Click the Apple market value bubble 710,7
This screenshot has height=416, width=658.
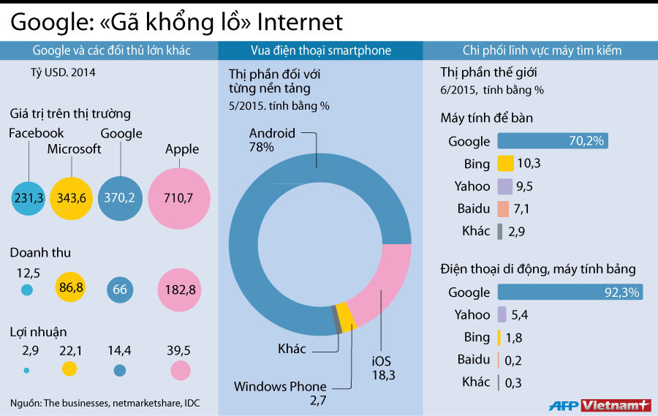179,198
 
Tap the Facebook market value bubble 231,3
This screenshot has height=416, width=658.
29,198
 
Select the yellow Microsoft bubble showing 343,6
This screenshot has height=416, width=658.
71,198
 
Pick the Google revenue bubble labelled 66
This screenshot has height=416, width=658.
120,290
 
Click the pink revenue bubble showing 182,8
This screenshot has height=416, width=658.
179,290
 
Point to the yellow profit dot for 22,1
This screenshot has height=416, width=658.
70,369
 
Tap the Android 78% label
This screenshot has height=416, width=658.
272,140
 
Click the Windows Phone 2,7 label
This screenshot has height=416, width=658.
280,393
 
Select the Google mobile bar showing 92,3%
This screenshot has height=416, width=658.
570,292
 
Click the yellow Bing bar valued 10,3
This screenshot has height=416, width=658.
504,164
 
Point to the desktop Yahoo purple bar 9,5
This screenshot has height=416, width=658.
503,186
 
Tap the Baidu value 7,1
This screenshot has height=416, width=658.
522,209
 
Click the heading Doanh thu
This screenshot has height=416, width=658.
40,253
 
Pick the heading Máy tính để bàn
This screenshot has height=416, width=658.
488,118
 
